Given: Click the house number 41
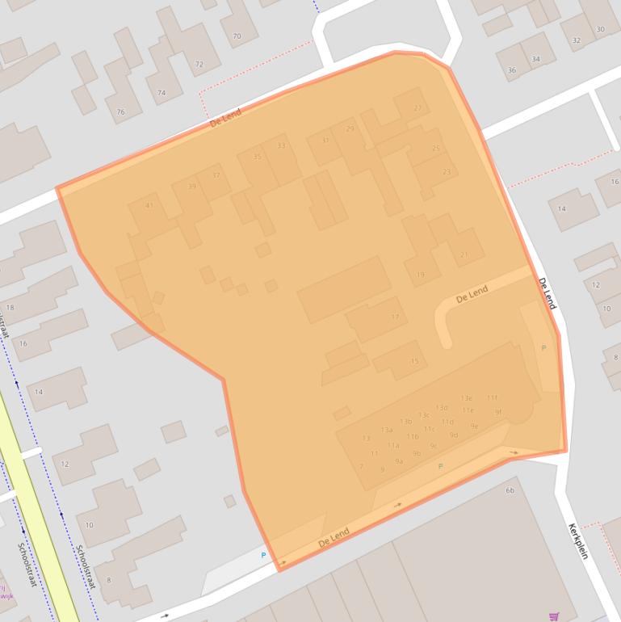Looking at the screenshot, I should tap(149, 205).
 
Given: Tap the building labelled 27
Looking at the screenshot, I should tap(417, 107).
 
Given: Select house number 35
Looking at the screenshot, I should tap(258, 157).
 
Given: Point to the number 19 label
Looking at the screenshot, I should tap(420, 275).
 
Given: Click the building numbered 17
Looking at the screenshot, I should tap(395, 317).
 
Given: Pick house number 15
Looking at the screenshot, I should tap(414, 361).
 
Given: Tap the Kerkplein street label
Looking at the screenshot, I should tap(578, 542).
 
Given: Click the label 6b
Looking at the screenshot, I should tap(510, 490).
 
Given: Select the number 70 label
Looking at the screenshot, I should tap(237, 36).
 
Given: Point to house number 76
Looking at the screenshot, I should tap(121, 112).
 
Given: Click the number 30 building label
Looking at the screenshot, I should tap(600, 29).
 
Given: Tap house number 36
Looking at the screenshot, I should tap(511, 70).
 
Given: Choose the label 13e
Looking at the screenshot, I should tap(467, 398).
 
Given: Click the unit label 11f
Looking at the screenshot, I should tap(492, 397).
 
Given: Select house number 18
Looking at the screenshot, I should tap(10, 308).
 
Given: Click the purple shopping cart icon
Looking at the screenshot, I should tap(554, 616).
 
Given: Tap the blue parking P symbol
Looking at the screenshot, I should tap(263, 556).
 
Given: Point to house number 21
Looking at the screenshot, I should tap(464, 254).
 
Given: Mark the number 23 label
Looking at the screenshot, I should tap(447, 171).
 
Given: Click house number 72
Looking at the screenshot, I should tap(199, 64).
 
